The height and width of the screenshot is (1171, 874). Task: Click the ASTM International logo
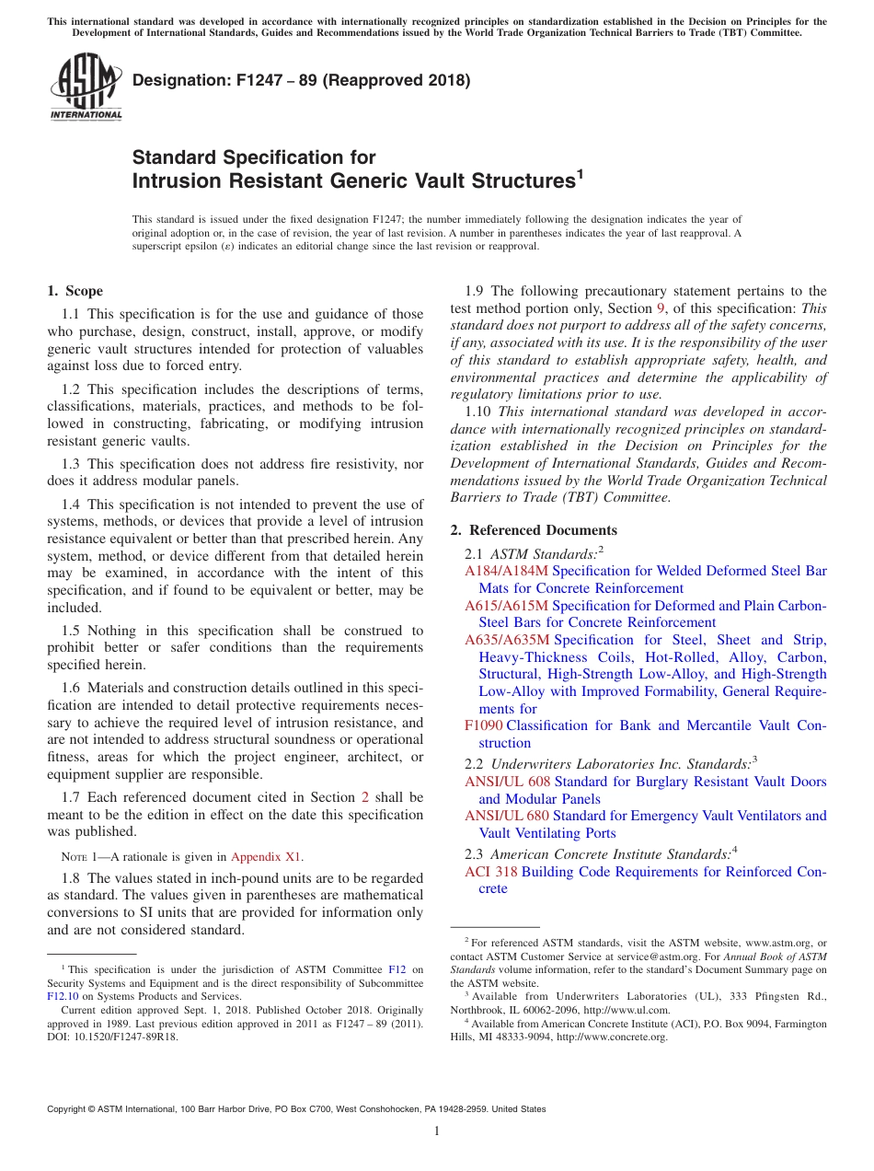click(x=86, y=87)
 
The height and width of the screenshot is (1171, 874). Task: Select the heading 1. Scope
click(x=75, y=291)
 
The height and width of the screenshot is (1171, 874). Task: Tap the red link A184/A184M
click(x=506, y=571)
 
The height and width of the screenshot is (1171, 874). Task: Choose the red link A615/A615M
click(x=506, y=606)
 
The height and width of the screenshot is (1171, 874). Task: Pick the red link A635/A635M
click(x=507, y=640)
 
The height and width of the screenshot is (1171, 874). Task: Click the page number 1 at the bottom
click(x=437, y=1131)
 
